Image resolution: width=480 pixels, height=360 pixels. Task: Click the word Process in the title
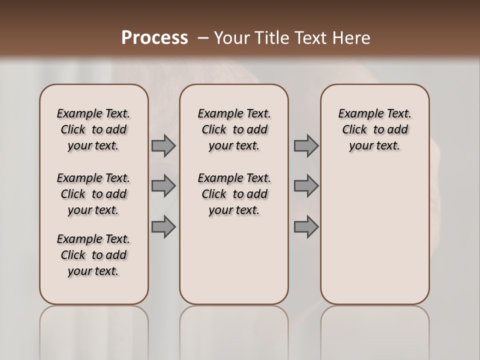point(154,38)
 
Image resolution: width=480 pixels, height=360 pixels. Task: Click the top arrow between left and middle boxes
point(163,146)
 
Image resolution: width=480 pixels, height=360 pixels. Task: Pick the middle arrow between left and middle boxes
point(163,186)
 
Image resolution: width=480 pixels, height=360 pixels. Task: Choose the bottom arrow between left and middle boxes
point(163,226)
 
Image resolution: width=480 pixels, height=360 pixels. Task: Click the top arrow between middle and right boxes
point(306,146)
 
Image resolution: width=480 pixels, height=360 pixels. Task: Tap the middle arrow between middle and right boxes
point(306,186)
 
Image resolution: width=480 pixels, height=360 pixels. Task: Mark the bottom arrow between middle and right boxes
point(306,226)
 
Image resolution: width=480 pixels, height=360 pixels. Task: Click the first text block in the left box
point(93,129)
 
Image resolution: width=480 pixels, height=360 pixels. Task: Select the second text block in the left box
point(93,194)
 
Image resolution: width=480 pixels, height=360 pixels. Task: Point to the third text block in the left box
point(93,255)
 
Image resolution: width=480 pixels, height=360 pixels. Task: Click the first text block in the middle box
point(234,129)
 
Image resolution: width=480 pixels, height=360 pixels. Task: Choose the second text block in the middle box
point(234,194)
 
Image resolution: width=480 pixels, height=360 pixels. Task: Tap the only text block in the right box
point(375,129)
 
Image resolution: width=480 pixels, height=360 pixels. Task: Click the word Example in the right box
point(358,114)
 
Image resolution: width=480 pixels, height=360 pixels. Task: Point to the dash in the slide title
point(203,38)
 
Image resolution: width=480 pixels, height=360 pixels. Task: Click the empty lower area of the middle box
point(234,260)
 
